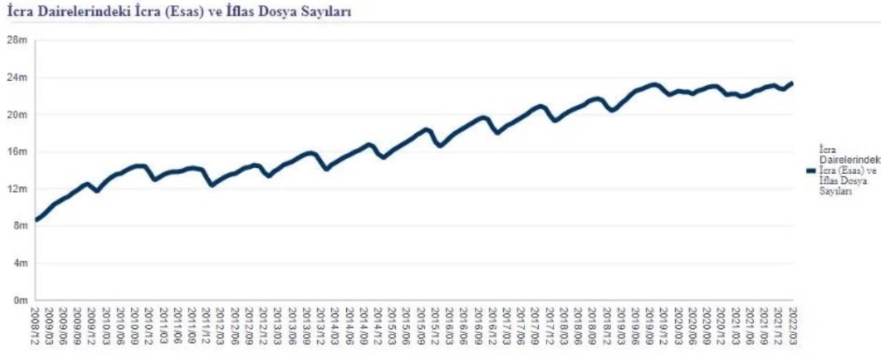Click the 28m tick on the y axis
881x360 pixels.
[17, 40]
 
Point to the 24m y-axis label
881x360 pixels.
[17, 77]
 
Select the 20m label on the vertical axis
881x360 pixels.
[17, 114]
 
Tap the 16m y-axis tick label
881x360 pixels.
[17, 151]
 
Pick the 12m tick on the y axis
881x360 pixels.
[17, 189]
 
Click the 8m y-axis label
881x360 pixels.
[19, 226]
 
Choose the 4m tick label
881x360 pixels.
[19, 263]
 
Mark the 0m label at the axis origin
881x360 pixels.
[19, 300]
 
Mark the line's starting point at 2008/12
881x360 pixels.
[36, 220]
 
